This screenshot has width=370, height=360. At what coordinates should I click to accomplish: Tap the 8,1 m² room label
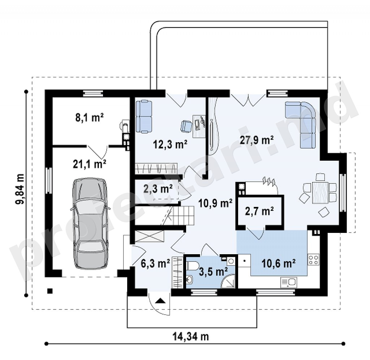click(90, 117)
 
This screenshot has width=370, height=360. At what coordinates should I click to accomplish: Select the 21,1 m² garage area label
click(90, 164)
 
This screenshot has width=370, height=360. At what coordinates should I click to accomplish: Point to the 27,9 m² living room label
click(257, 140)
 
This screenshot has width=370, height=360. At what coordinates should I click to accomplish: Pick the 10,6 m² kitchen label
click(279, 263)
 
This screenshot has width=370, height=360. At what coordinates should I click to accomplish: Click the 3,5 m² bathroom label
click(213, 272)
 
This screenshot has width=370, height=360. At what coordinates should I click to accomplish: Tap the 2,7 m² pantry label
click(259, 211)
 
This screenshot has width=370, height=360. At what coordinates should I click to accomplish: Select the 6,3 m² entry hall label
click(155, 263)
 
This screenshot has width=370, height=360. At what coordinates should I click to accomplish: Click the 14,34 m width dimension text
click(191, 337)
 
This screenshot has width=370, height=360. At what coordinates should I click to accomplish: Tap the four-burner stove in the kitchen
click(313, 259)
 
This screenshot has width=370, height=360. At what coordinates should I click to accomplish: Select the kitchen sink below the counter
click(289, 282)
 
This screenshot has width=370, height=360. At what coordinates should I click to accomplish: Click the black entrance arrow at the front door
click(160, 300)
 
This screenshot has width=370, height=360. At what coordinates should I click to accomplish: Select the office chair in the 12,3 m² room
click(186, 126)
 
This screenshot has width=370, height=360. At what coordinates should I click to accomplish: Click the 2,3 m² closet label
click(158, 189)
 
